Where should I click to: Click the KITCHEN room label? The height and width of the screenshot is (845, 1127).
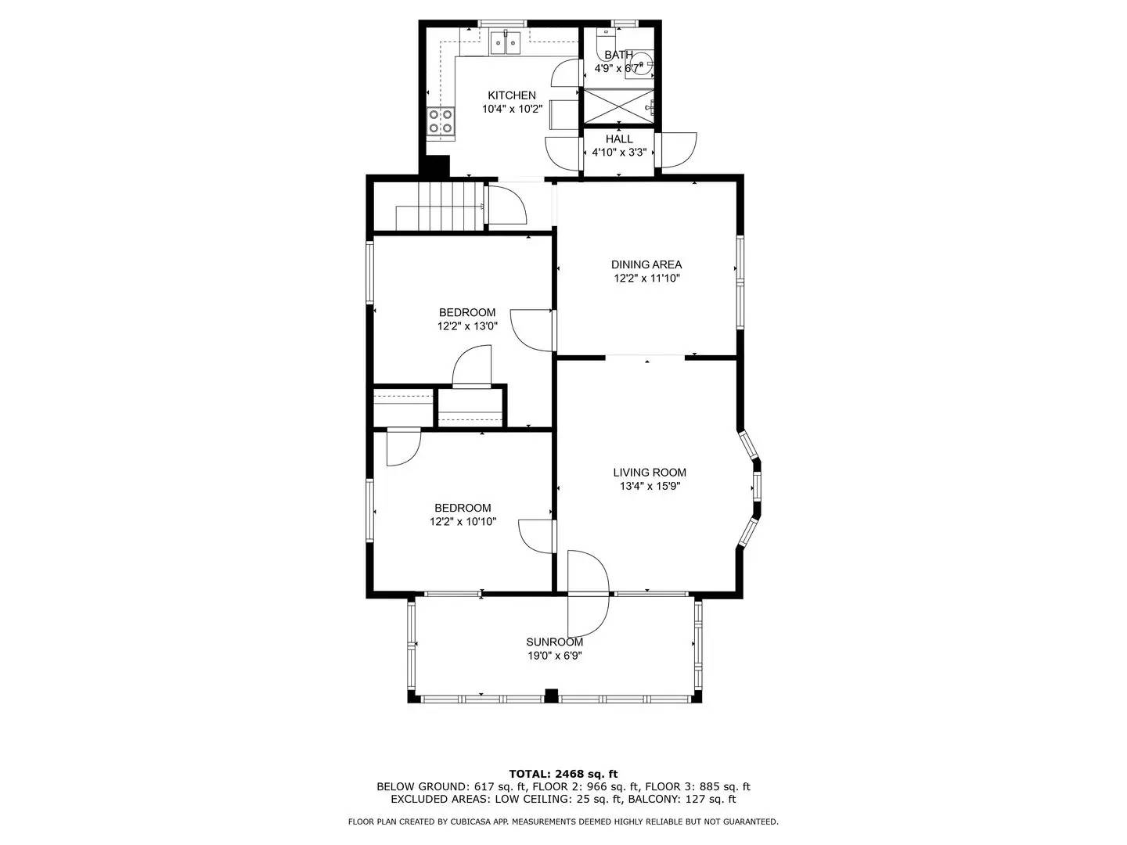tap(512, 95)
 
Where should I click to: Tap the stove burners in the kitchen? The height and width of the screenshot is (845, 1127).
tap(441, 121)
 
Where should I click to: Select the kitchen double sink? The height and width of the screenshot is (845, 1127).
tap(506, 42)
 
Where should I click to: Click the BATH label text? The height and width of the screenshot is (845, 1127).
tap(618, 55)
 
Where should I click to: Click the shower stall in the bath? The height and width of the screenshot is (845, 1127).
tap(619, 106)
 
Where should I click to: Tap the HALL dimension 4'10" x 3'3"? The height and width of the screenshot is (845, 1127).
tap(619, 153)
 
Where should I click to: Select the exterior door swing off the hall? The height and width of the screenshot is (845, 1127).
tap(678, 149)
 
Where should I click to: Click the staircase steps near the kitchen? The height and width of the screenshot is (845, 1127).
tap(449, 205)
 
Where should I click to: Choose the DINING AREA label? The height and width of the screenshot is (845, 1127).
tap(646, 264)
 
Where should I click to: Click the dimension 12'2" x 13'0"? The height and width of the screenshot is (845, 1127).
tap(467, 326)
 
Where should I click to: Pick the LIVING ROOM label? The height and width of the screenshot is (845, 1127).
tap(650, 473)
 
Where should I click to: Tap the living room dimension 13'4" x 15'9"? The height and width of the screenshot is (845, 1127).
tap(650, 486)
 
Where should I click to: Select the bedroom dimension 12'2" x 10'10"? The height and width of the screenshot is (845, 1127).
tap(463, 521)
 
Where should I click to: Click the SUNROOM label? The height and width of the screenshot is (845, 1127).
tap(554, 642)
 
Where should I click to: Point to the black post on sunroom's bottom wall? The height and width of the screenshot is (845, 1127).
tap(551, 696)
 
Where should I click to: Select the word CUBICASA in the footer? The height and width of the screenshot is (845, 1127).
tap(473, 822)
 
